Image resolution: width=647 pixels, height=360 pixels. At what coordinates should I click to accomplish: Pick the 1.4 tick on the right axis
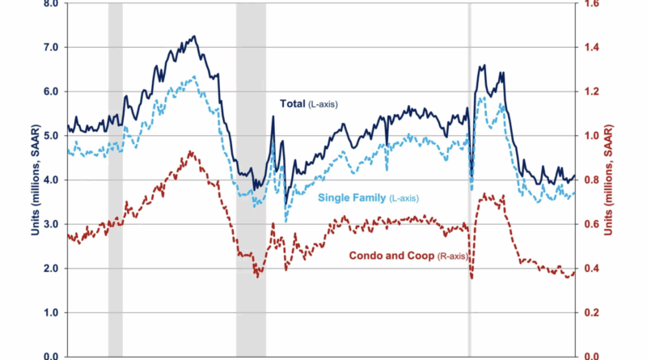pos(594,47)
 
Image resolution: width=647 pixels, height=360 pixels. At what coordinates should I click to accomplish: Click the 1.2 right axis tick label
pos(594,91)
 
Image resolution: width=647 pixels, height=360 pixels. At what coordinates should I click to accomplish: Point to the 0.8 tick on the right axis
pos(594,180)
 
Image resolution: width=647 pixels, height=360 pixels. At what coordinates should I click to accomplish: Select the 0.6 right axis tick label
pos(594,224)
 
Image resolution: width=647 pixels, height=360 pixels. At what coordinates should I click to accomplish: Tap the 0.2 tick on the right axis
pos(594,312)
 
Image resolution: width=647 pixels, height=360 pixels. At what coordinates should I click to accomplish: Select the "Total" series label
pos(305,104)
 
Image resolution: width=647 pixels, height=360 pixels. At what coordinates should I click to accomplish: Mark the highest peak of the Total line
pos(193,36)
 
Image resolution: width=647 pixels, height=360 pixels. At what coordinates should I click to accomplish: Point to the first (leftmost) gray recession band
pos(116,178)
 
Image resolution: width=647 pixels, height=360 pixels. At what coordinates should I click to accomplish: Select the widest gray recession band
pos(251,178)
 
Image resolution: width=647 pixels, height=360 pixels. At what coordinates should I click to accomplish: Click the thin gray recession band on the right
pos(470,178)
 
